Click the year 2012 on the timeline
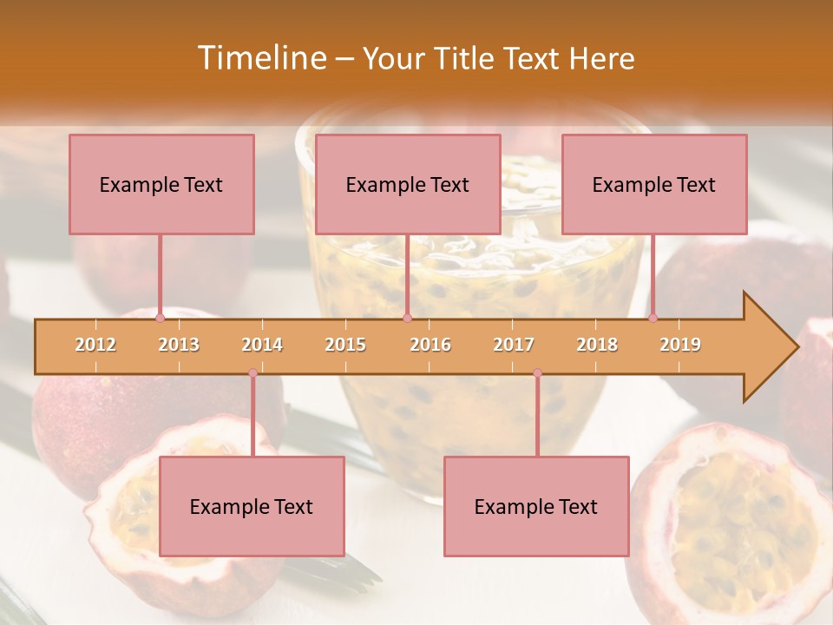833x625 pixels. pyautogui.click(x=95, y=345)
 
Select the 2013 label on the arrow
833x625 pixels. pyautogui.click(x=179, y=345)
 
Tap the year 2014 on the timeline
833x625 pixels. pyautogui.click(x=262, y=345)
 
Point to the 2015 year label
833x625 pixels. pyautogui.click(x=345, y=345)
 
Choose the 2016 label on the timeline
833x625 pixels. pyautogui.click(x=430, y=345)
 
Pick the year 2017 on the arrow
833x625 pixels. pyautogui.click(x=514, y=345)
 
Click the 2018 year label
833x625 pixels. pyautogui.click(x=597, y=345)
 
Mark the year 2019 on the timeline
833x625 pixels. pyautogui.click(x=680, y=345)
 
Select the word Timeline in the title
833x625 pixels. pyautogui.click(x=260, y=58)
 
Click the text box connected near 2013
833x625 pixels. pyautogui.click(x=161, y=184)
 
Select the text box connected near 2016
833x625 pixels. pyautogui.click(x=408, y=184)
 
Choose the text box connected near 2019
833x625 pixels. pyautogui.click(x=654, y=184)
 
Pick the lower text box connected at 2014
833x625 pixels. pyautogui.click(x=252, y=506)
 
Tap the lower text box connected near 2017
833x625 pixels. pyautogui.click(x=536, y=506)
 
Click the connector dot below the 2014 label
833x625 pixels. pyautogui.click(x=253, y=373)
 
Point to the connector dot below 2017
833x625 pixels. pyautogui.click(x=537, y=373)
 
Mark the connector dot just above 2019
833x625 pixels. pyautogui.click(x=653, y=318)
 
